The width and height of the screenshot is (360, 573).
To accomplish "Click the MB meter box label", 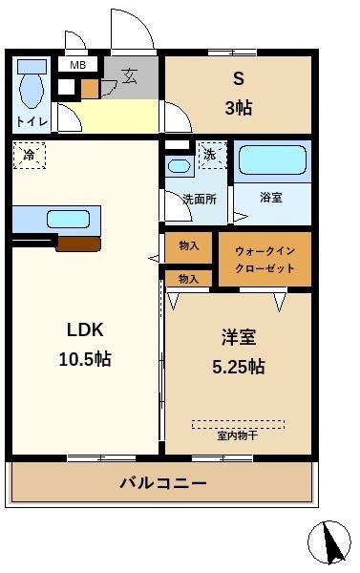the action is [x=78, y=65].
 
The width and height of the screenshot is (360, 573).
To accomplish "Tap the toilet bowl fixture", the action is [x=32, y=84].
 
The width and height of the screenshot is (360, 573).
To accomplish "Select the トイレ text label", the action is [x=32, y=121].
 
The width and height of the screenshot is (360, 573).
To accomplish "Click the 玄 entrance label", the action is [x=130, y=76].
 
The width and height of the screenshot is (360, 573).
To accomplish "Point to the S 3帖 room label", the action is [x=239, y=94].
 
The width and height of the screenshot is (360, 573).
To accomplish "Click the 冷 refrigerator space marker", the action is [x=30, y=156].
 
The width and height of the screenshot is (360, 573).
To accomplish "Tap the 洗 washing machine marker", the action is [x=212, y=156].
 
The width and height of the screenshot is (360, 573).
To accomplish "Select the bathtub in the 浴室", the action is [x=272, y=160].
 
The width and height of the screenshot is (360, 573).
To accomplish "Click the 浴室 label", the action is [x=271, y=198].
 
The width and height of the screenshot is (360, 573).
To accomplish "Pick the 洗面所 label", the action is [x=200, y=200].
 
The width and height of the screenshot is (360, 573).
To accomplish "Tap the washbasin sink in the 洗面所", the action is [x=180, y=166].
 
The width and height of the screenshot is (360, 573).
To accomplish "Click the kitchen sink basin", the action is [x=69, y=220].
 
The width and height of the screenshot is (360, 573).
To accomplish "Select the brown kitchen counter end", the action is [x=78, y=244].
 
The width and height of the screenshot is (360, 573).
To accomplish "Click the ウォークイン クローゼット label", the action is [x=265, y=260].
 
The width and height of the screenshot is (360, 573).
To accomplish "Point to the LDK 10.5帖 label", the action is [x=85, y=344].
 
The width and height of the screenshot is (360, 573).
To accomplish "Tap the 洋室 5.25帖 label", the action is [x=239, y=351].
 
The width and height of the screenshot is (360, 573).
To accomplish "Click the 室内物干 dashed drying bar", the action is [x=238, y=424].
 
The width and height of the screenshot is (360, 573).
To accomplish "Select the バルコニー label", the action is [x=163, y=483].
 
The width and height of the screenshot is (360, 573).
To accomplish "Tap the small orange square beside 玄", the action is [x=90, y=89].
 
